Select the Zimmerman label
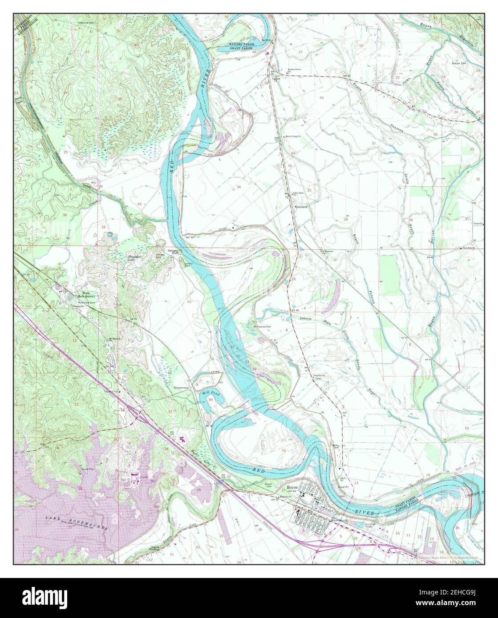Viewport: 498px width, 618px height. pos(181,388)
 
